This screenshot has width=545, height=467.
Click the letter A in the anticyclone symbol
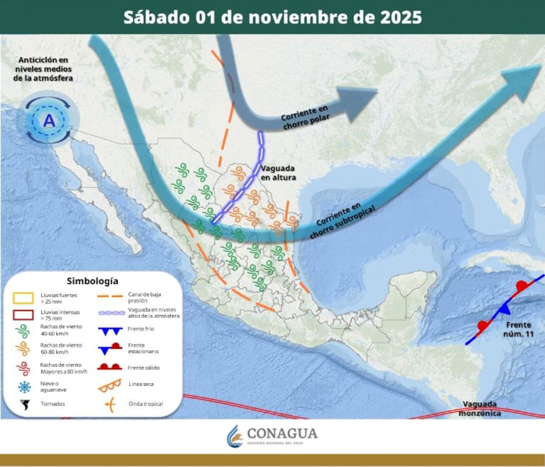(49, 121)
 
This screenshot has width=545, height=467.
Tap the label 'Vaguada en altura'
(278, 172)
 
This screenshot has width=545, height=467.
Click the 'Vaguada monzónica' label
(480, 408)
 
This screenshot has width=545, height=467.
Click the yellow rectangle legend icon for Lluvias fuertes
(23, 298)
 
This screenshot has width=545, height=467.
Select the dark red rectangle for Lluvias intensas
(23, 315)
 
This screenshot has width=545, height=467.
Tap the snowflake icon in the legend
(24, 387)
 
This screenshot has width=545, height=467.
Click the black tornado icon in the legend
(24, 404)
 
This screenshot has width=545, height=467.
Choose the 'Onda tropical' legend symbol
(109, 404)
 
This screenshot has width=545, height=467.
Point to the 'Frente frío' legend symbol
(109, 330)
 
